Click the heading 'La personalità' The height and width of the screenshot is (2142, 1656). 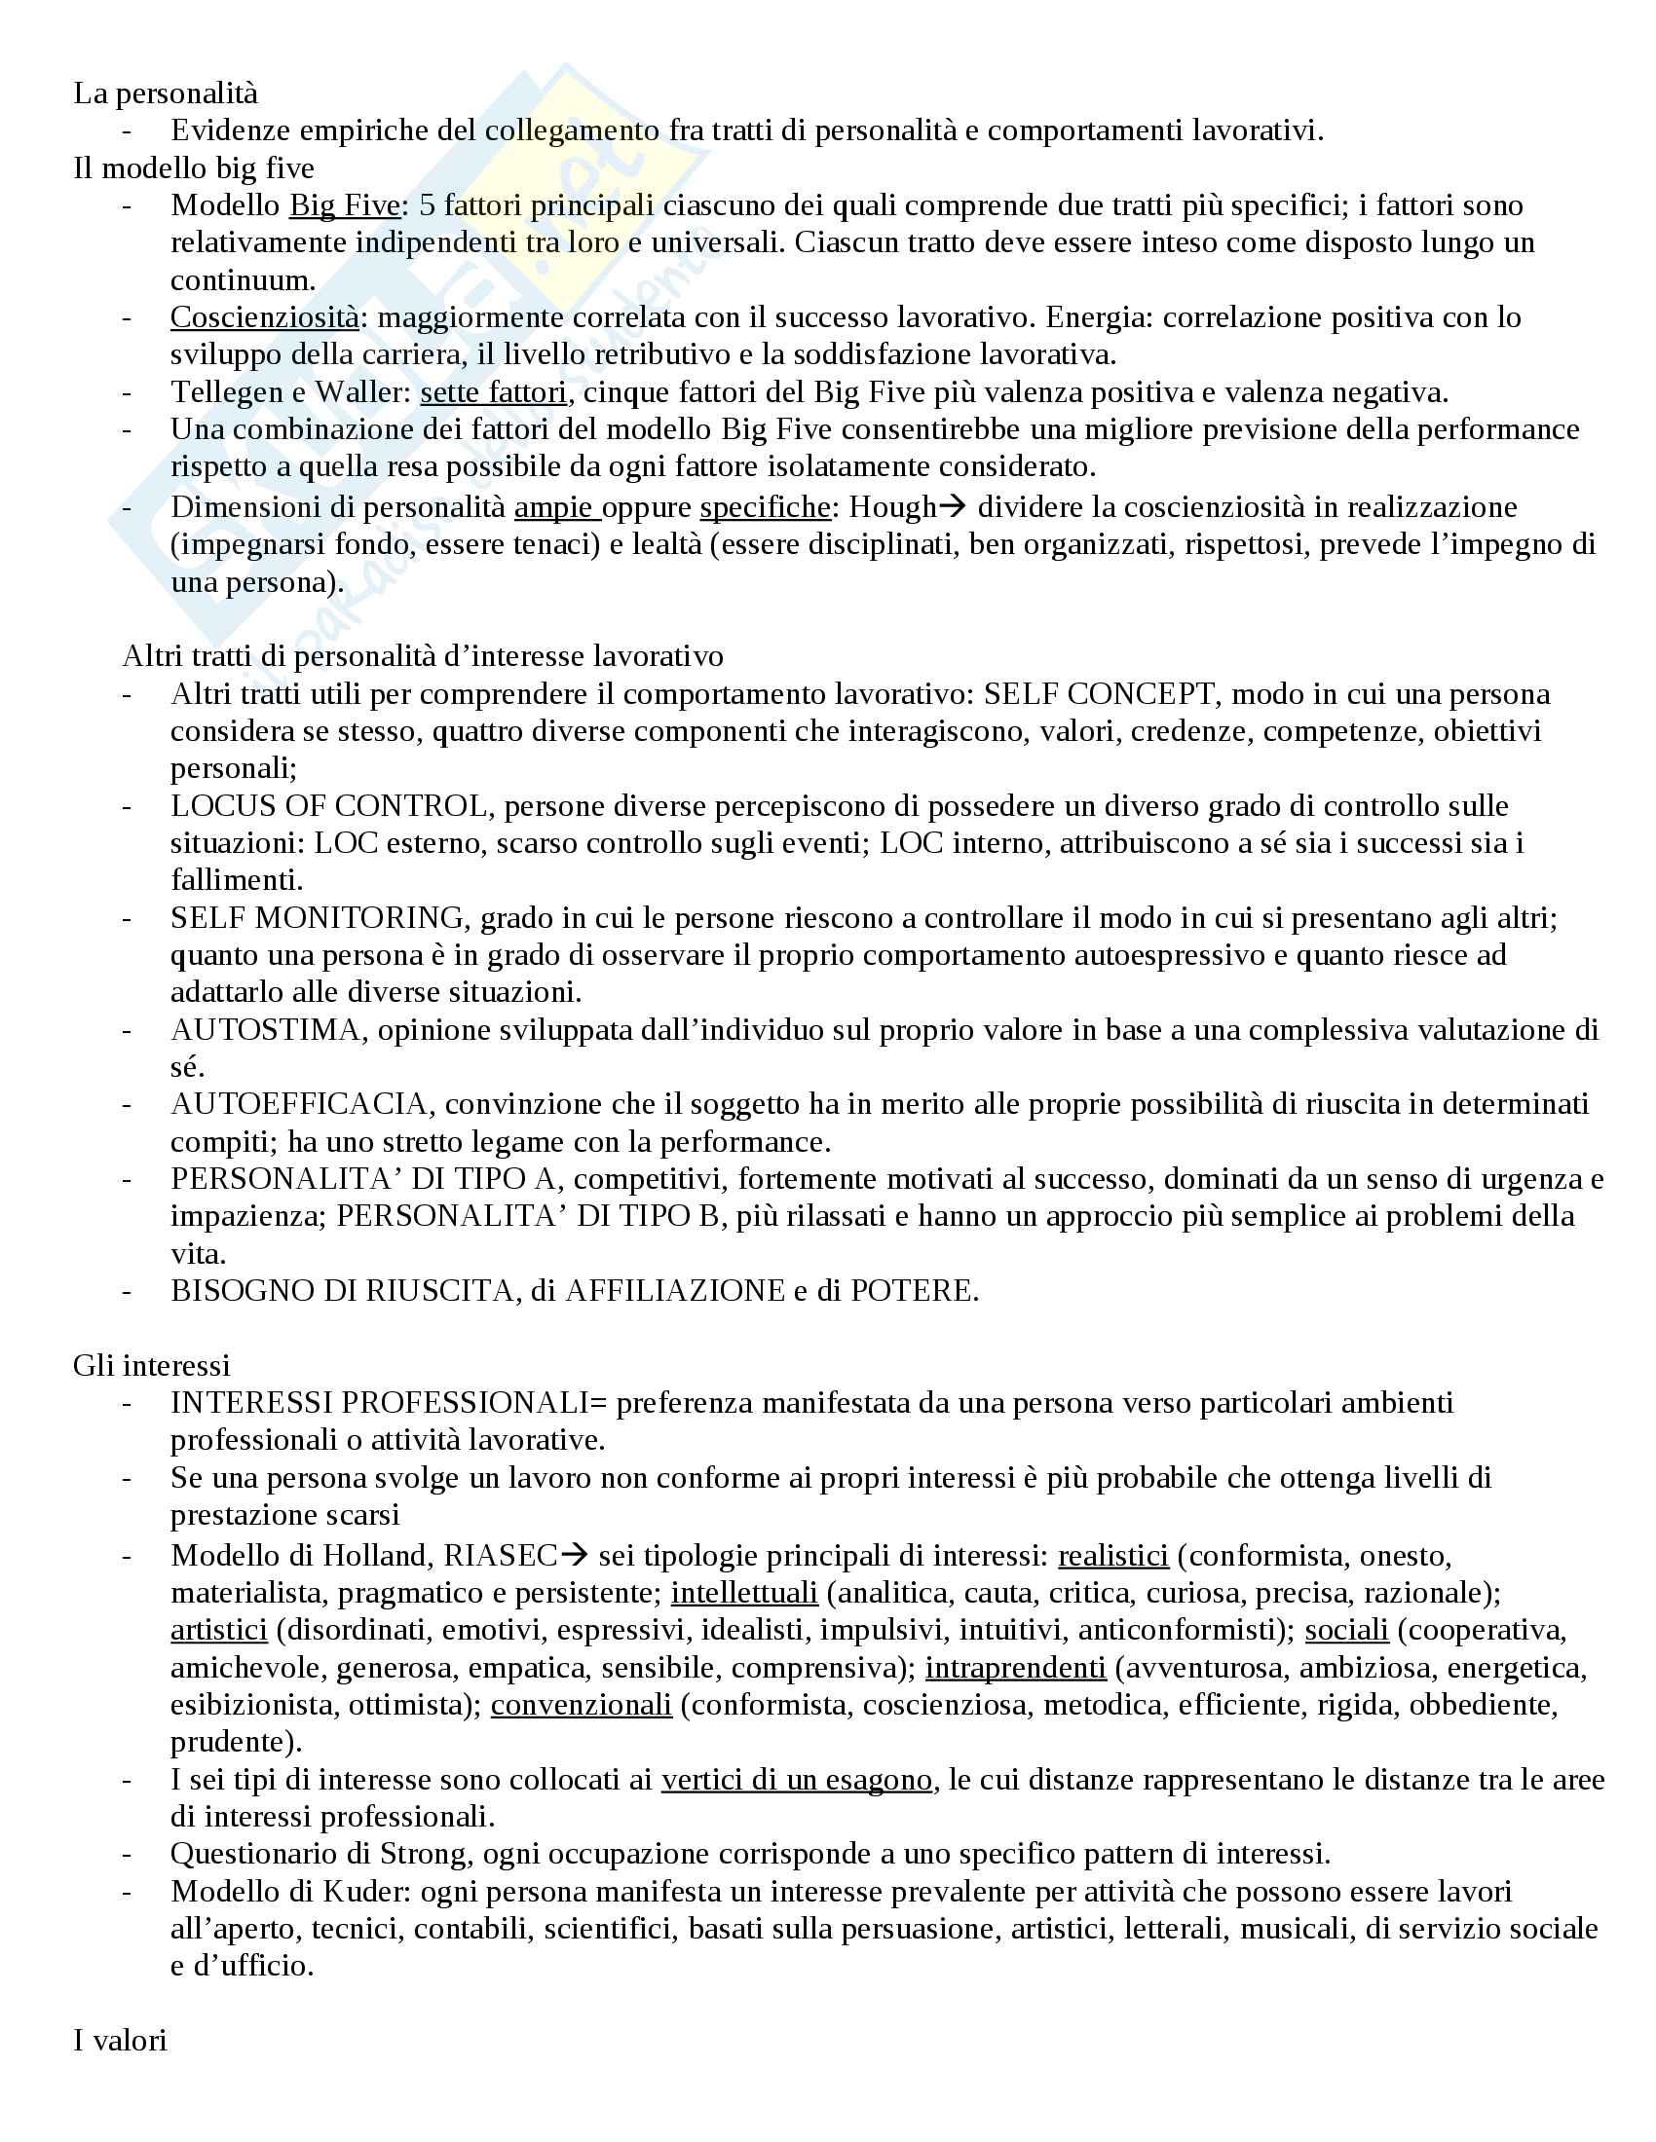click(x=166, y=93)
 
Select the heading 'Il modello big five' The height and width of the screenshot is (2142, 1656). click(x=193, y=168)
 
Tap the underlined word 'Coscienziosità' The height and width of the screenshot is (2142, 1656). click(x=265, y=317)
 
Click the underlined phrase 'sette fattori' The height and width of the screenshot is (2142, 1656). click(x=494, y=392)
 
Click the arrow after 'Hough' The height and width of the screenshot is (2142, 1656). click(x=953, y=507)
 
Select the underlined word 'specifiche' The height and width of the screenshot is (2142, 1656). click(x=766, y=507)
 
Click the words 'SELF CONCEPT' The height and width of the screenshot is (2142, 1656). click(x=1099, y=694)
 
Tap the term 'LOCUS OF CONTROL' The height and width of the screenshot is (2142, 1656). click(x=328, y=806)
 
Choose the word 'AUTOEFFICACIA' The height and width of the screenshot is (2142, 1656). click(x=299, y=1104)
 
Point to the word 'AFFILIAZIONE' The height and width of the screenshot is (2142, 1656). click(x=676, y=1291)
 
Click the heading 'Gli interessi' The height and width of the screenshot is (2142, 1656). click(x=152, y=1365)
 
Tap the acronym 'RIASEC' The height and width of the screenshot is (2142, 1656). click(x=501, y=1556)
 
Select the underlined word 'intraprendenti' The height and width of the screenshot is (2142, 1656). click(x=1015, y=1667)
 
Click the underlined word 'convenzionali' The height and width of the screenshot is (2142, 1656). click(x=581, y=1705)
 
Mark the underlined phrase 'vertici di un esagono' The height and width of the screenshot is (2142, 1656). click(x=797, y=1779)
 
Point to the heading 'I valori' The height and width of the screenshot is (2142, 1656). click(x=120, y=2040)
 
